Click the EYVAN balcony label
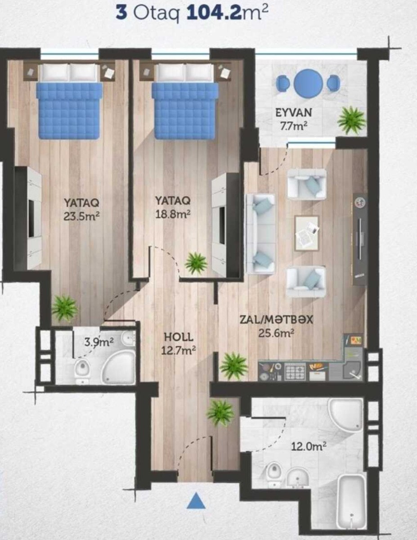294,113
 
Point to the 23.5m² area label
81,216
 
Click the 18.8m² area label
173,214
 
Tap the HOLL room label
179,337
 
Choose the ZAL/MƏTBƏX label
276,320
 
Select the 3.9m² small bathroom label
99,343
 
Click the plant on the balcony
351,120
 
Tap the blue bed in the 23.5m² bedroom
70,111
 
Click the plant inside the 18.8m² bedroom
196,263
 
